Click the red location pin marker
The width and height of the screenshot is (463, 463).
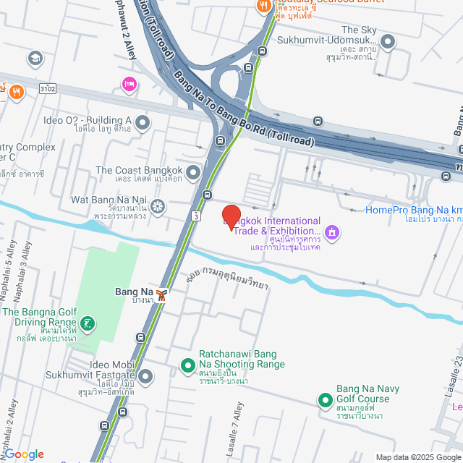coord(231,216)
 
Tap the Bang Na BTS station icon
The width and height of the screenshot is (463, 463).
coord(163,294)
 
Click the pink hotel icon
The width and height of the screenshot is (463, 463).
coord(129,85)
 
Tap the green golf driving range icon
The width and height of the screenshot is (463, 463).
coord(88,323)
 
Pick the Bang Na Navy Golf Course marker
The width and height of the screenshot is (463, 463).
coord(326,399)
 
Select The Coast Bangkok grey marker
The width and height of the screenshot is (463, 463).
coord(192,171)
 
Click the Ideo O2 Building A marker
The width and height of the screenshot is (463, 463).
coord(143,122)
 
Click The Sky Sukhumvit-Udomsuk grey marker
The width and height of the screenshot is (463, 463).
coord(388,41)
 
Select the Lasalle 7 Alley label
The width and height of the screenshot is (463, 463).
coord(231,433)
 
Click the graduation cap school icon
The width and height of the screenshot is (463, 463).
coord(35,58)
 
